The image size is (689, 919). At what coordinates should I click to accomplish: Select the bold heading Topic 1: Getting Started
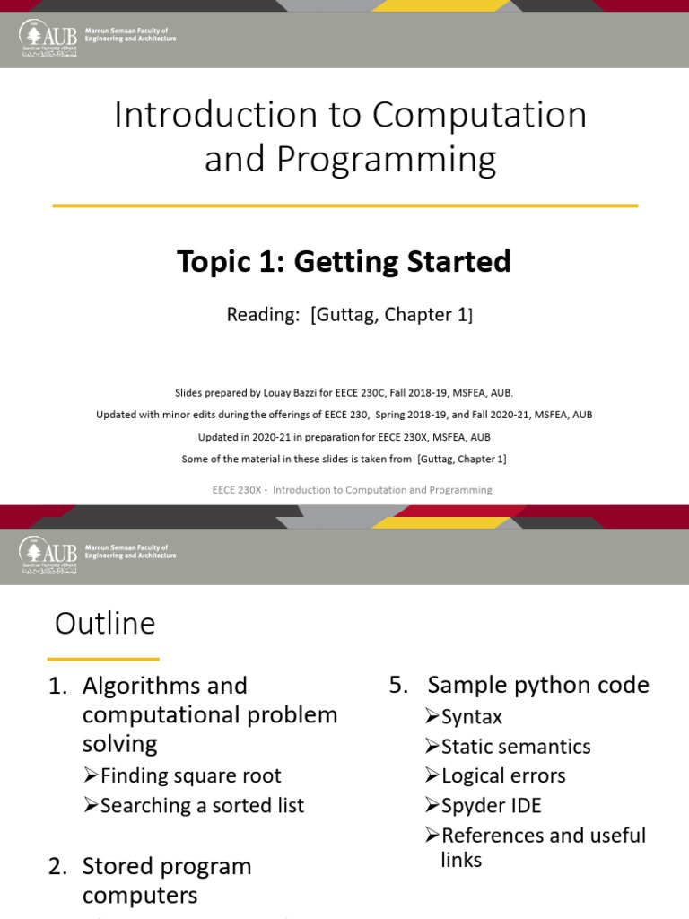pyautogui.click(x=344, y=261)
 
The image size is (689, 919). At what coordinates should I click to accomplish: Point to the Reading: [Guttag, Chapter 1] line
pyautogui.click(x=349, y=315)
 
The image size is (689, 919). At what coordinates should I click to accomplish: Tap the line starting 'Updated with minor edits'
pyautogui.click(x=344, y=415)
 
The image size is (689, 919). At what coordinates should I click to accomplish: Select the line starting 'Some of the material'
pyautogui.click(x=344, y=459)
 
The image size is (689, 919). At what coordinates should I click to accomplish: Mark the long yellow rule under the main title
pyautogui.click(x=344, y=206)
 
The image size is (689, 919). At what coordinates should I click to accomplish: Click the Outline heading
pyautogui.click(x=105, y=623)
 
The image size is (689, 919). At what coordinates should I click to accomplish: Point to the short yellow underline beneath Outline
pyautogui.click(x=106, y=659)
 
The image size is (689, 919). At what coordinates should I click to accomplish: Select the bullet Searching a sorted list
pyautogui.click(x=202, y=805)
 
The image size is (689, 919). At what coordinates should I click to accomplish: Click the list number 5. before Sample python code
pyautogui.click(x=398, y=686)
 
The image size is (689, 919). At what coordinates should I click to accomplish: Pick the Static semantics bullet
pyautogui.click(x=515, y=747)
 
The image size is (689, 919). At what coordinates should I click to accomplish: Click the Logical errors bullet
pyautogui.click(x=502, y=775)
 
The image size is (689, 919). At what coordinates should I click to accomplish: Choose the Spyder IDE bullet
pyautogui.click(x=491, y=805)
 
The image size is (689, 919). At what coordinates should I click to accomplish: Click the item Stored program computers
pyautogui.click(x=167, y=880)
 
